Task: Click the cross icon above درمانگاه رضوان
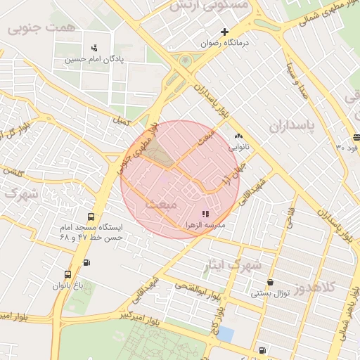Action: [224, 32]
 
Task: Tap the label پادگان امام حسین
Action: [95, 60]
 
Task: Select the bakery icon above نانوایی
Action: [238, 136]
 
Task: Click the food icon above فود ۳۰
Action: [356, 137]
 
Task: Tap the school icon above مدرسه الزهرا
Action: [205, 214]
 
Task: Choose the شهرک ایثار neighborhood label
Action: [237, 265]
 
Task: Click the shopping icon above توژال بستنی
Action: [270, 282]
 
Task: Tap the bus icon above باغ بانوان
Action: [67, 274]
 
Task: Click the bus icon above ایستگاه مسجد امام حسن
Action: [90, 217]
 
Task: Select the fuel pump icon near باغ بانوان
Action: [86, 263]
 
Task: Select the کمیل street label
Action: [122, 122]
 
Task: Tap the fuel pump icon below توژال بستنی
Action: [263, 349]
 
